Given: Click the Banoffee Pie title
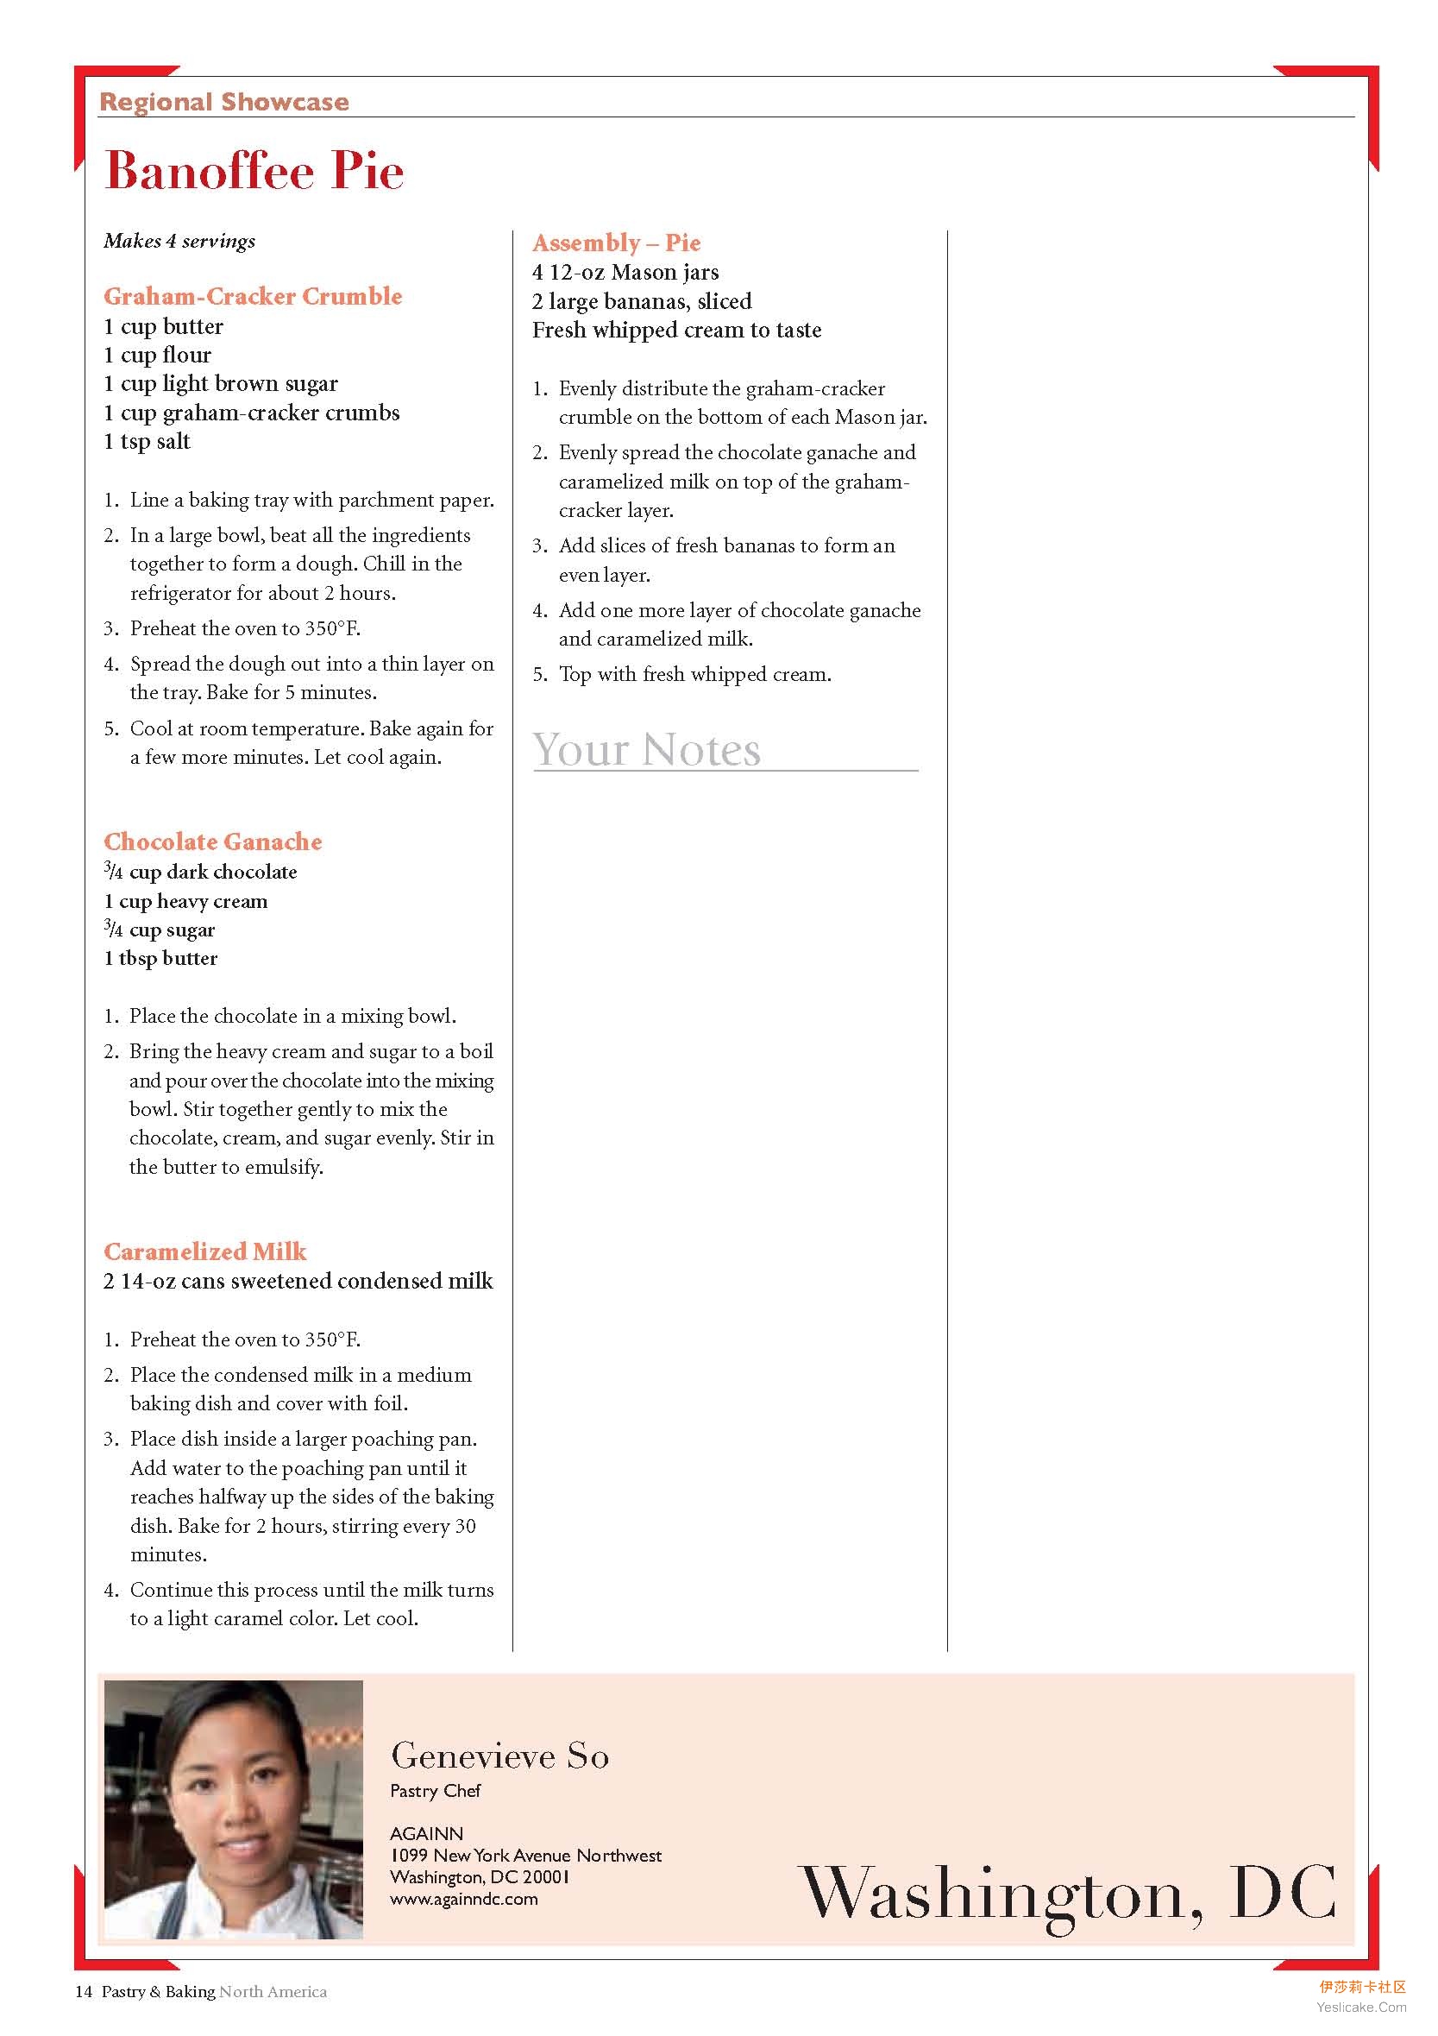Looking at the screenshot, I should (254, 170).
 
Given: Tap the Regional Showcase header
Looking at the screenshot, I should (223, 102).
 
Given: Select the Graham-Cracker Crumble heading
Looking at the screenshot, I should (253, 296).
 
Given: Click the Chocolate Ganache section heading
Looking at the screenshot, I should (213, 842).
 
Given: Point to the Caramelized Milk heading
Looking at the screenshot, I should (204, 1251).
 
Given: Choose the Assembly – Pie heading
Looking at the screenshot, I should (616, 243).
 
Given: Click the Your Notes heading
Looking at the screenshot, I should (646, 750).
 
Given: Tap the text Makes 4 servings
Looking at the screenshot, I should (179, 241).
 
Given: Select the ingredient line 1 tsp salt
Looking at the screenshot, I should (147, 442).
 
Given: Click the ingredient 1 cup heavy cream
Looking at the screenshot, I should (185, 901).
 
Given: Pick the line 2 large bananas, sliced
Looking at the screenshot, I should (641, 301).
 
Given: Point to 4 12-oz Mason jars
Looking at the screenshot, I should (625, 272).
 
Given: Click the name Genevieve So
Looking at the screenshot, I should (499, 1755).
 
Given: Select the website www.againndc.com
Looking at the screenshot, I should (464, 1899).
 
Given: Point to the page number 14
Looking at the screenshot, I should (84, 1992).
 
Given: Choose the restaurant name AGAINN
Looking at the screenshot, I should (426, 1833).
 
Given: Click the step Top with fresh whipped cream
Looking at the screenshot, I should (694, 675).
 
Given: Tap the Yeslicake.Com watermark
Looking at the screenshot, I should (1361, 2007).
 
